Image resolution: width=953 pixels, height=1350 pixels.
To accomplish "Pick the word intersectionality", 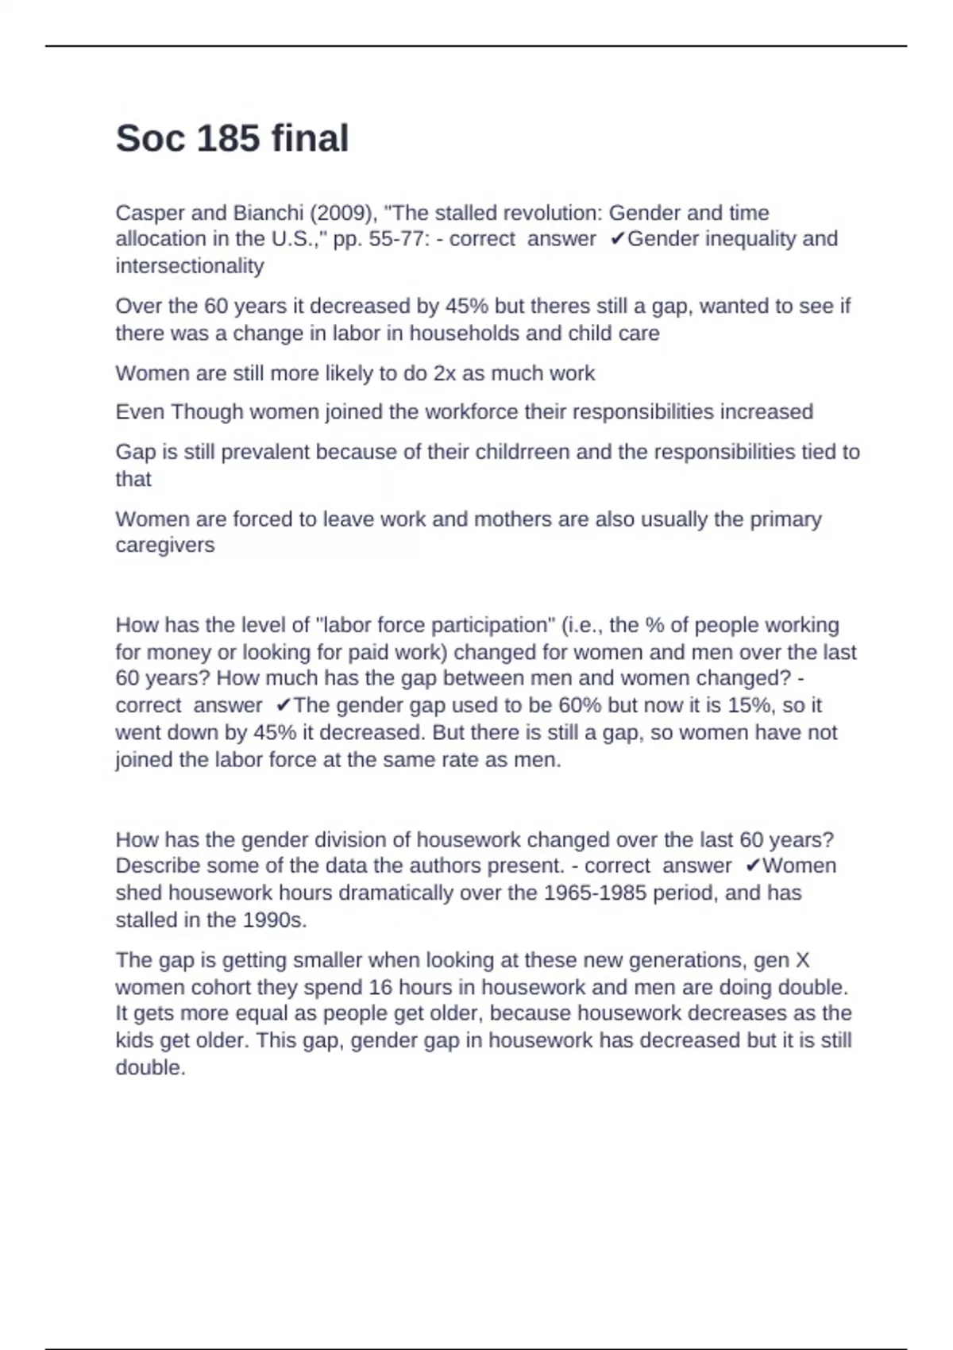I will tap(189, 266).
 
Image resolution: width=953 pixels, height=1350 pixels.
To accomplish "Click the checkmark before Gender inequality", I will tap(618, 239).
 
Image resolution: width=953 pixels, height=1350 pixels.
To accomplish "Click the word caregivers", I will tap(164, 546).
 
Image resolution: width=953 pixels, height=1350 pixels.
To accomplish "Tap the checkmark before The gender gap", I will tap(284, 705).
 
